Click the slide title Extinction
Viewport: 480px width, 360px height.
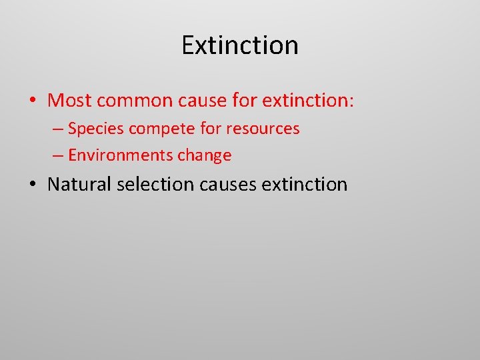[x=240, y=45]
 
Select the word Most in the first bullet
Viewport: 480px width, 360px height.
[x=70, y=101]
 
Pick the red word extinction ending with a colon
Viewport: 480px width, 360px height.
[x=309, y=101]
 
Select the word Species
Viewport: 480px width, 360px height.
[x=95, y=129]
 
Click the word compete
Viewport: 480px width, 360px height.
[x=161, y=129]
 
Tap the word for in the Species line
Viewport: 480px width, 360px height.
[x=212, y=128]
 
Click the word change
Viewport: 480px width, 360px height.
[x=204, y=156]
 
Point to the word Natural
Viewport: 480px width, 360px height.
[x=79, y=184]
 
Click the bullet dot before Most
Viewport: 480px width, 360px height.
[x=33, y=101]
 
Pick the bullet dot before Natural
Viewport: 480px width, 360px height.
[x=33, y=185]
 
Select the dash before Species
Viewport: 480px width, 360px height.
[x=58, y=129]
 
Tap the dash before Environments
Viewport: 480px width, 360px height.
[x=58, y=156]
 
